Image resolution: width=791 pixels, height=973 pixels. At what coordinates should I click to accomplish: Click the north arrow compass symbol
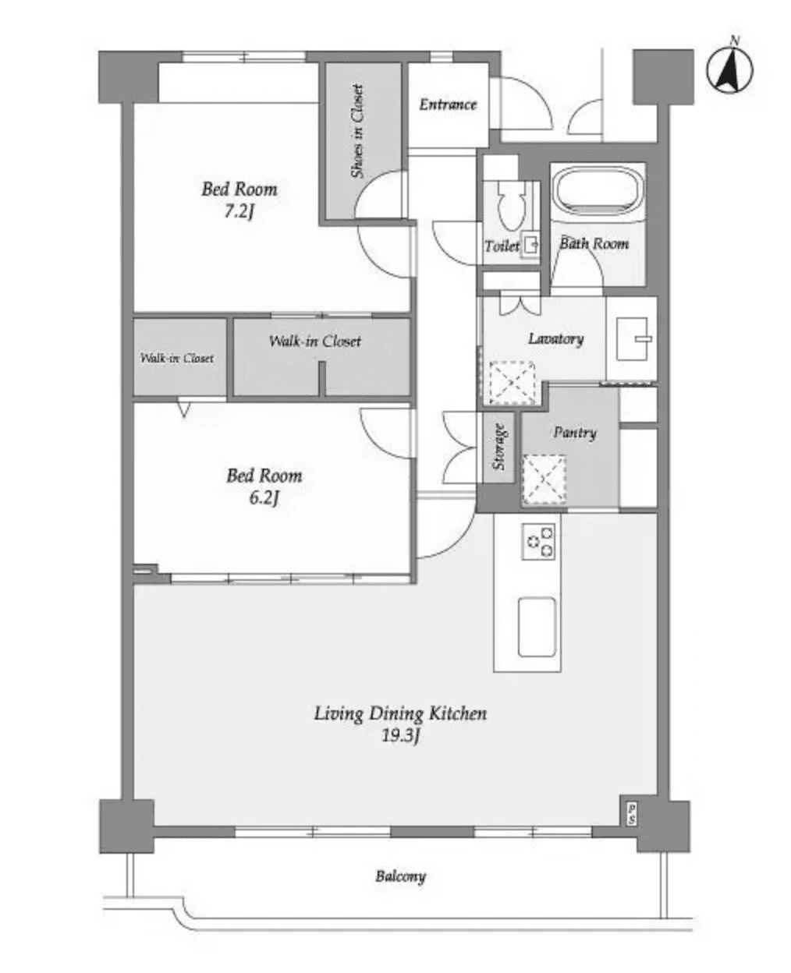point(730,68)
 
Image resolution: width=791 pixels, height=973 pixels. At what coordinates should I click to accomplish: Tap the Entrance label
point(448,104)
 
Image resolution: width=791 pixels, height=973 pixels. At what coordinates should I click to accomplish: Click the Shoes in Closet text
point(358,132)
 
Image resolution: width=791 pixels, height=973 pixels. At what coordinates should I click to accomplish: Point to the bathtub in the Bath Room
point(598,193)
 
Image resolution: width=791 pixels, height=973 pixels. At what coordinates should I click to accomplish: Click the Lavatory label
point(555,339)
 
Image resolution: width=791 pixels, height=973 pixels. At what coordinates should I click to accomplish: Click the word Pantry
point(575,432)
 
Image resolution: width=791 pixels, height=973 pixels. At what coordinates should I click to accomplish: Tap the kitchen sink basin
point(537,627)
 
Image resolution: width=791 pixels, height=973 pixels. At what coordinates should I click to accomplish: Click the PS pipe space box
point(630,814)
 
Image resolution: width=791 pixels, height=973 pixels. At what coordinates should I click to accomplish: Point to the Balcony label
point(401,876)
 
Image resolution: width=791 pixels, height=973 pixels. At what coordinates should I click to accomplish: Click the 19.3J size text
point(401,736)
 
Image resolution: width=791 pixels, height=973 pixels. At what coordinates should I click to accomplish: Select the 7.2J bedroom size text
point(239,211)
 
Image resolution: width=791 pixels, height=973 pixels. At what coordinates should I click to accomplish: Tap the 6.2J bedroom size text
point(264,497)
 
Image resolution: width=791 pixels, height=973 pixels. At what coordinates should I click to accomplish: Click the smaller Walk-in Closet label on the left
point(178,359)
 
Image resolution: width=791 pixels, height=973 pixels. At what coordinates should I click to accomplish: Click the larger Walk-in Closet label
point(315,341)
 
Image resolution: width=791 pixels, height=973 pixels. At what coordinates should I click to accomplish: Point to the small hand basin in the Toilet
point(531,246)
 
